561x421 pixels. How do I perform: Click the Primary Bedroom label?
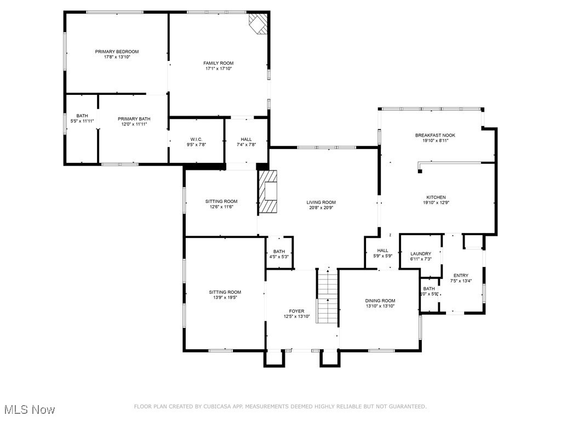tap(117, 52)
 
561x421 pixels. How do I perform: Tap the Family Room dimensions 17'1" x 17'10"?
tap(219, 69)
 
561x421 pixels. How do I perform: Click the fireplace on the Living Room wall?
tap(268, 191)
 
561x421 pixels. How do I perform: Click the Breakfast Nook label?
tap(435, 135)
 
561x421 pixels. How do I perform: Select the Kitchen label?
tap(436, 197)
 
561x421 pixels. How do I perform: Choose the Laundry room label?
tap(421, 253)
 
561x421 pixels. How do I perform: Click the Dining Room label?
tap(380, 300)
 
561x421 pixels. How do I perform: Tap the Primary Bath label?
tap(134, 118)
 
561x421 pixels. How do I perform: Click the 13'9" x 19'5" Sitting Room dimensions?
tap(225, 298)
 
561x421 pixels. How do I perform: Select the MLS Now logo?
tap(28, 409)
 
